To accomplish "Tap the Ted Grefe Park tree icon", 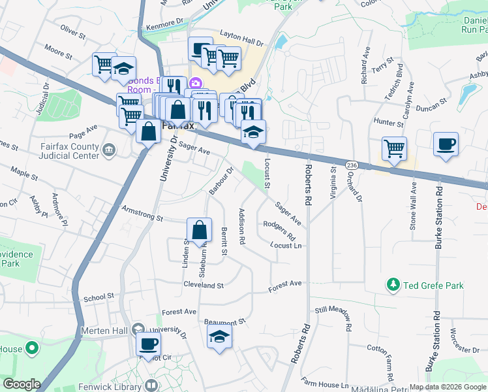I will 393,285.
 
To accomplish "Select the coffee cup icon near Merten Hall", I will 148,344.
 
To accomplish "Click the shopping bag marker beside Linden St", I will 199,230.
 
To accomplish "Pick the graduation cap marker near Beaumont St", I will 220,337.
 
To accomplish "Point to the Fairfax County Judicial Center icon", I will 109,151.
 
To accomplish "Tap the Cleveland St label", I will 203,286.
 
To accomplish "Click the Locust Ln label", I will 286,245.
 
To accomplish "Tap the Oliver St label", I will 72,31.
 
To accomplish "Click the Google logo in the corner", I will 22,384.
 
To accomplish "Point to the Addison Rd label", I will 241,226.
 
